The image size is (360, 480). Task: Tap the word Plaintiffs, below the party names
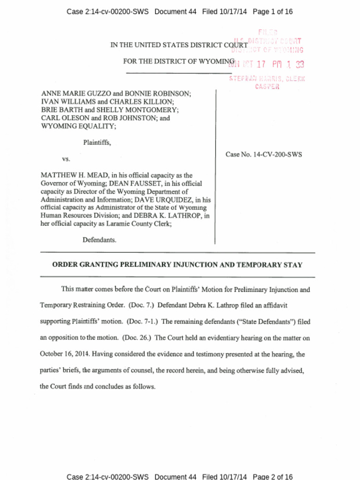coord(97,142)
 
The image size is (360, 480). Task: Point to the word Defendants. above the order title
coord(99,240)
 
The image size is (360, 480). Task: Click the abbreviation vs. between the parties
coord(66,159)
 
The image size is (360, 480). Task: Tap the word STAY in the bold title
coord(292,265)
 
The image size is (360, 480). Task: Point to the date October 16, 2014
coord(65,354)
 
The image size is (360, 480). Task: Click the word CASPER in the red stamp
coord(267,87)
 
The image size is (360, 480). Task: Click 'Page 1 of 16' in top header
coord(273,12)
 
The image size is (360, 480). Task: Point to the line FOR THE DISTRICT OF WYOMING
coord(179,61)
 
